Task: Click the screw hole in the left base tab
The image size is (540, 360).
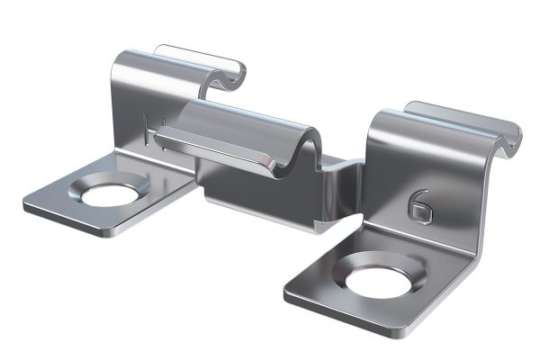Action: coord(110,195)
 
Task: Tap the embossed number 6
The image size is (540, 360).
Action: coord(419,207)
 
